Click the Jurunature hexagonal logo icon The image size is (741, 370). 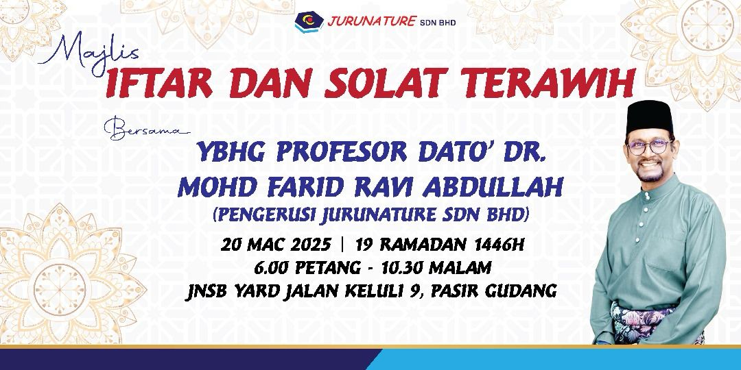[x=309, y=21]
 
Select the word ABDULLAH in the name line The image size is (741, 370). [x=493, y=187]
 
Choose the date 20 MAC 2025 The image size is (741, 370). [x=276, y=245]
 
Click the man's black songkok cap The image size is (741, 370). [x=649, y=116]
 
